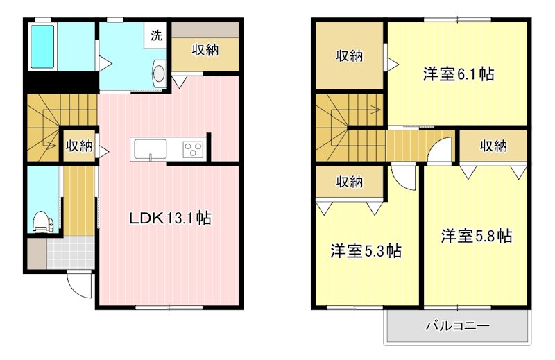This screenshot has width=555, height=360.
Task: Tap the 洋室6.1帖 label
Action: coord(459,74)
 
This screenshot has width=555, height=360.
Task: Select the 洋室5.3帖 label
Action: coord(365,250)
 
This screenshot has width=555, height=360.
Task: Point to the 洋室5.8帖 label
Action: coord(477,236)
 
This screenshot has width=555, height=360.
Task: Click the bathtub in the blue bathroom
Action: coord(43,45)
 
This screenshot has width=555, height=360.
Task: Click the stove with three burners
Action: coord(192,149)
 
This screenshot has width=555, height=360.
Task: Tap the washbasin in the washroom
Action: coord(159,72)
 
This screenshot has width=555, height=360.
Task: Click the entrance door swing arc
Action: coord(82,284)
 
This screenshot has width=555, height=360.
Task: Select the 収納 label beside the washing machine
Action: coord(205,50)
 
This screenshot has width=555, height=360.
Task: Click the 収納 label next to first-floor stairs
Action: coord(79,146)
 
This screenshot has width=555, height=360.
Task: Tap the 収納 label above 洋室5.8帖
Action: coord(493,146)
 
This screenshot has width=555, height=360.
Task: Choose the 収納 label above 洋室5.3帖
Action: coord(350,182)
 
